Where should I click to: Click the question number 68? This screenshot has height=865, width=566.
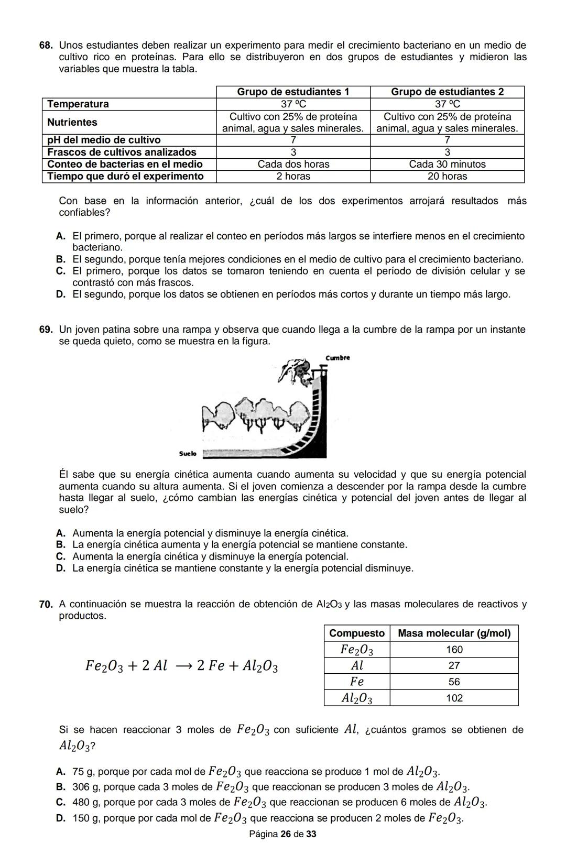click(x=46, y=46)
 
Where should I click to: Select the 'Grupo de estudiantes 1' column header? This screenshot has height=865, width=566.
click(x=293, y=92)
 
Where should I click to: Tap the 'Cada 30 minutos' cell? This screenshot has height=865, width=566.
click(x=447, y=164)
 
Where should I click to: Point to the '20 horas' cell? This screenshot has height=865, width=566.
click(x=447, y=176)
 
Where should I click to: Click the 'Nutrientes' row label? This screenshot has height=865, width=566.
click(x=72, y=122)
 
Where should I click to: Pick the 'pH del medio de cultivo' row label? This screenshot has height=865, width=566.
click(x=104, y=140)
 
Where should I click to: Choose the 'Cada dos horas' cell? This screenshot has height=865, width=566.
click(x=293, y=164)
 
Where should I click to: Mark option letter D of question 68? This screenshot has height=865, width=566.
click(x=60, y=294)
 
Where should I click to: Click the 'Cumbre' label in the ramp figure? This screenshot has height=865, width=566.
click(x=338, y=358)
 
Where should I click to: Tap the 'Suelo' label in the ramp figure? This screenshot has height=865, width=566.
click(x=187, y=453)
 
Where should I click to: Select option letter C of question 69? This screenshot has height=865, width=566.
click(x=60, y=556)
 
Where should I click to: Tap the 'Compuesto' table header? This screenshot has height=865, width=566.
click(x=356, y=633)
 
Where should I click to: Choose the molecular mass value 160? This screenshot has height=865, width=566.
click(x=454, y=650)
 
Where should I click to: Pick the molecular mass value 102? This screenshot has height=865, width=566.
click(x=454, y=698)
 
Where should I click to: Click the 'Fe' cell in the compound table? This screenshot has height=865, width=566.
click(x=356, y=682)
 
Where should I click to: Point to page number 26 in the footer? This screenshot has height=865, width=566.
click(x=286, y=834)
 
